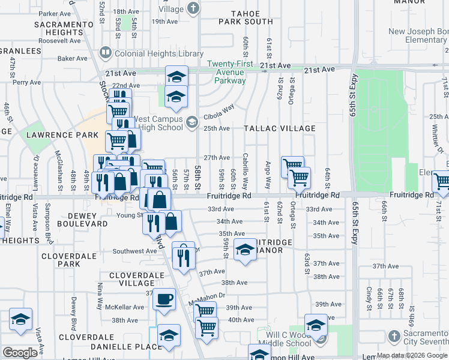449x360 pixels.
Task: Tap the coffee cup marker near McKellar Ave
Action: point(164,298)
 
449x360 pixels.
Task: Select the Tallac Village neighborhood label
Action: point(279,128)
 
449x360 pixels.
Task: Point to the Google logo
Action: point(20,353)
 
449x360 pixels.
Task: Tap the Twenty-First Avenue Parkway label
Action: point(235,72)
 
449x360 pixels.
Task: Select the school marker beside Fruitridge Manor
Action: point(245,250)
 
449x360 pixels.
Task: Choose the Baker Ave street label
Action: point(73,59)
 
